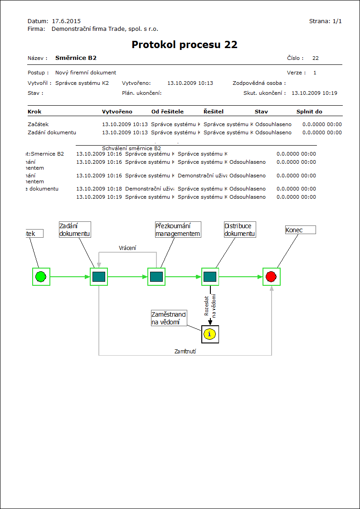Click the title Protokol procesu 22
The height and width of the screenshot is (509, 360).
click(x=185, y=44)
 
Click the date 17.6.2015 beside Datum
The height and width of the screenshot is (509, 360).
click(x=66, y=21)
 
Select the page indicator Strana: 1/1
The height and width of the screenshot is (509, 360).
click(x=325, y=21)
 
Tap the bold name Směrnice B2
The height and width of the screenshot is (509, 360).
click(x=76, y=58)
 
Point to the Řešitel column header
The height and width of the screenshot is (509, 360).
click(x=214, y=112)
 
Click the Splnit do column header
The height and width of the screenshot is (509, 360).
click(x=309, y=112)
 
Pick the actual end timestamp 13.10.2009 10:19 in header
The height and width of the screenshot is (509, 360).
click(x=314, y=93)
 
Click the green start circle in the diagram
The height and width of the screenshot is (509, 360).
click(x=41, y=276)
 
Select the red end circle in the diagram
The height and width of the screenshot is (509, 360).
click(x=271, y=276)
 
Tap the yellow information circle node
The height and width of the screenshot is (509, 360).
click(x=209, y=334)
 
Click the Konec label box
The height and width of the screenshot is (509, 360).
click(x=300, y=230)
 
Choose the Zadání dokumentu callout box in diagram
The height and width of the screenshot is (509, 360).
click(x=75, y=230)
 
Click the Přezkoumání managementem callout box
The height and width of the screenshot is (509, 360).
click(x=178, y=230)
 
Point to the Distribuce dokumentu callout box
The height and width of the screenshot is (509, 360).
click(x=240, y=230)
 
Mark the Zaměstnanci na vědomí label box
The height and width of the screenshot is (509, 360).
click(x=169, y=318)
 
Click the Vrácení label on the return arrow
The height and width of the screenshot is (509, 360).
click(x=127, y=248)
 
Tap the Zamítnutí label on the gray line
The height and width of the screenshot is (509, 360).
click(x=185, y=351)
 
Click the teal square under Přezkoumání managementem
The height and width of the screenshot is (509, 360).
click(x=156, y=276)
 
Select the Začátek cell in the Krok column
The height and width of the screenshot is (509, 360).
click(x=38, y=124)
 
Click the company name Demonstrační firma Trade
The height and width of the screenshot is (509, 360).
click(x=105, y=29)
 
